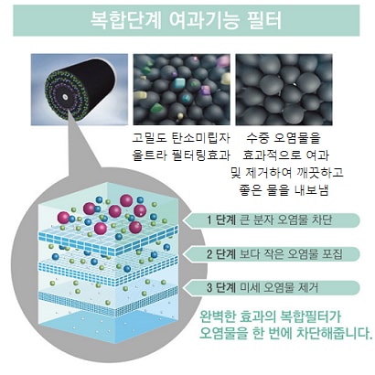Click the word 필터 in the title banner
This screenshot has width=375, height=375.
pyautogui.click(x=263, y=20)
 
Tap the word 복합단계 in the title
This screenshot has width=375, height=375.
pyautogui.click(x=125, y=20)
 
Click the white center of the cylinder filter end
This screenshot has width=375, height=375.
pyautogui.click(x=65, y=97)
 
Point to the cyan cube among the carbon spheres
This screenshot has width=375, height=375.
pyautogui.click(x=180, y=83)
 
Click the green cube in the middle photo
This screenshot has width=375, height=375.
pyautogui.click(x=156, y=108)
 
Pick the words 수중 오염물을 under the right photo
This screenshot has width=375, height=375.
pyautogui.click(x=284, y=138)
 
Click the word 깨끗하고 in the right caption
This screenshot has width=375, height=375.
pyautogui.click(x=320, y=173)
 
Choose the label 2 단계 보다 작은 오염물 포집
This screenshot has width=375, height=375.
pyautogui.click(x=274, y=253)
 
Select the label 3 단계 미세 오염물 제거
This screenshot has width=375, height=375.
pyautogui.click(x=262, y=287)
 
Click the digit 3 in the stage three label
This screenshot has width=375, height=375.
pyautogui.click(x=209, y=287)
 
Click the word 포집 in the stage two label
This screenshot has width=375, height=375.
pyautogui.click(x=332, y=253)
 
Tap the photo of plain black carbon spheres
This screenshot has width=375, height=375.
pyautogui.click(x=284, y=90)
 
